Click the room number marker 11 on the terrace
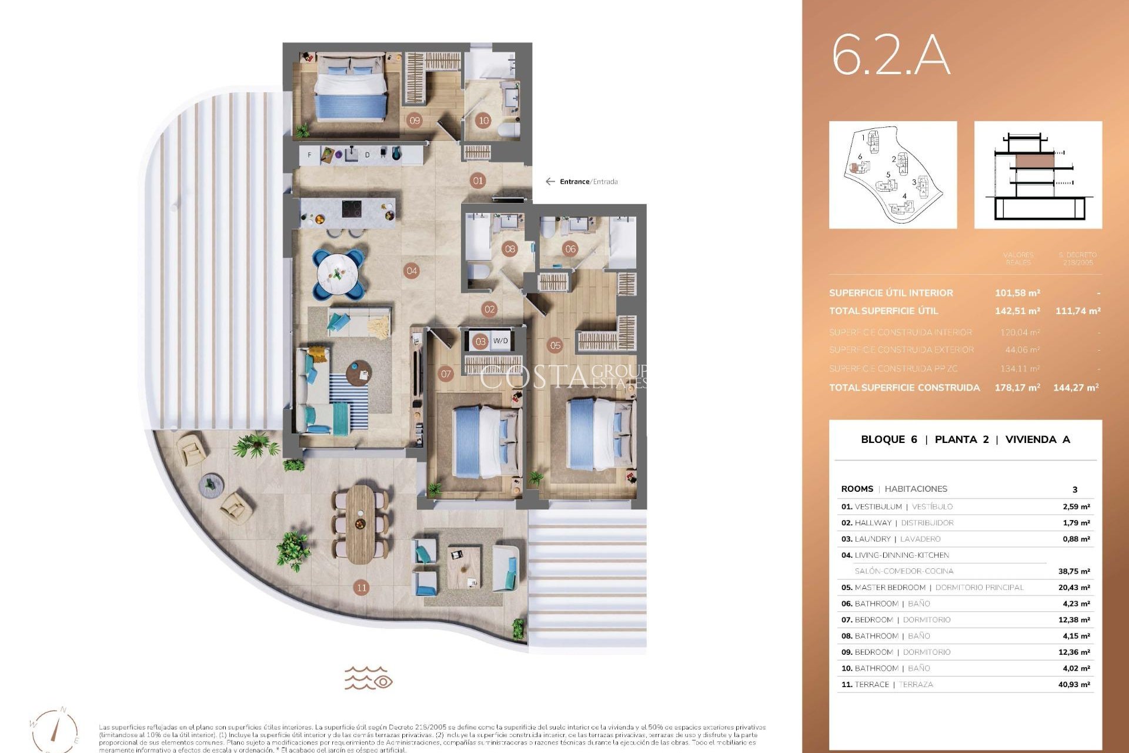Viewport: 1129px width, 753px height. (x=362, y=587)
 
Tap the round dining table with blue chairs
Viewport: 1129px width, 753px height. (x=338, y=274)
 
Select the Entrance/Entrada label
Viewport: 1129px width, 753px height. (x=588, y=182)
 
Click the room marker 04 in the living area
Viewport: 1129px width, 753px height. (x=412, y=271)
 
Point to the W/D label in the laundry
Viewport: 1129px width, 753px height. (x=500, y=341)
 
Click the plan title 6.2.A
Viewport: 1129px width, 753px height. (x=890, y=56)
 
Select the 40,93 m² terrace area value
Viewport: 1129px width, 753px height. (x=1074, y=685)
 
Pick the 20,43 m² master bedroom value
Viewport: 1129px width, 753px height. (x=1074, y=588)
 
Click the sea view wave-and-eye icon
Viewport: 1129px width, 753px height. (x=369, y=678)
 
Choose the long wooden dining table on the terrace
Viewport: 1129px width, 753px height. (x=360, y=524)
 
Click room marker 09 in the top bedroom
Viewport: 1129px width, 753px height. (x=415, y=121)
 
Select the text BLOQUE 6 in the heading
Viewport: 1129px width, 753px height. (x=888, y=439)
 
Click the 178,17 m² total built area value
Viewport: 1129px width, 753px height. (x=1017, y=388)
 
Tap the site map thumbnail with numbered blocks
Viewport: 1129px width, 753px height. (x=893, y=175)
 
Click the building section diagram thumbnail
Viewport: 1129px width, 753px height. (x=1038, y=175)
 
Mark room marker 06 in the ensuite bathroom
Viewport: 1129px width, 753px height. (x=570, y=249)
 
